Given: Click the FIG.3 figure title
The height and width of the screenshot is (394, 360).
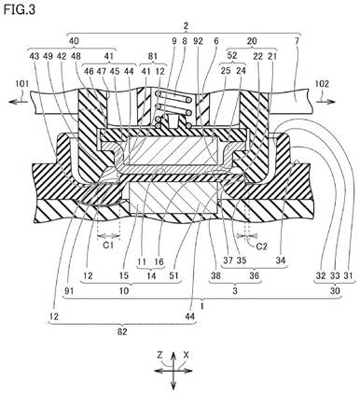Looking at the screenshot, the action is pyautogui.click(x=20, y=9).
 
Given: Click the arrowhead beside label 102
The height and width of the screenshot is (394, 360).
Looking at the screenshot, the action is pyautogui.click(x=333, y=102).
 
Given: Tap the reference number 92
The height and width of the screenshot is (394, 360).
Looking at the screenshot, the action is pyautogui.click(x=198, y=41).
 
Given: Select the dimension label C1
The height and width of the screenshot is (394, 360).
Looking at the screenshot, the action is pyautogui.click(x=108, y=246).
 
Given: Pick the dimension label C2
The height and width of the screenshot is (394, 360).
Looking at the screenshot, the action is pyautogui.click(x=262, y=246).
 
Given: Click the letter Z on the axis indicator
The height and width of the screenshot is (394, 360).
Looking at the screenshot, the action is pyautogui.click(x=160, y=355).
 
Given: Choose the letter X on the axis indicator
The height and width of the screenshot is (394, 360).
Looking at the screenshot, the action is pyautogui.click(x=187, y=355).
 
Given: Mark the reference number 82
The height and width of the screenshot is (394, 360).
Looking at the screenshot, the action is pyautogui.click(x=122, y=332).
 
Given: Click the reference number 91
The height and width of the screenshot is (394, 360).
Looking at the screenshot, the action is pyautogui.click(x=69, y=291).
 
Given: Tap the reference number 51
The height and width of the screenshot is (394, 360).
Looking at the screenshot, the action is pyautogui.click(x=174, y=275).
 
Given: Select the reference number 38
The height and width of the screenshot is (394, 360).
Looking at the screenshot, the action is pyautogui.click(x=215, y=275).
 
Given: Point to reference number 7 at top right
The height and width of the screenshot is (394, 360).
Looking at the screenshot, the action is pyautogui.click(x=297, y=41).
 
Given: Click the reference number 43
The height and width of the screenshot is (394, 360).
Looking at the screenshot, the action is pyautogui.click(x=35, y=56).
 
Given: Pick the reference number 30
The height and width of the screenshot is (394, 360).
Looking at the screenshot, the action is pyautogui.click(x=335, y=291).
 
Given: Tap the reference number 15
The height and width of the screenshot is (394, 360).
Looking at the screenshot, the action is pyautogui.click(x=124, y=275).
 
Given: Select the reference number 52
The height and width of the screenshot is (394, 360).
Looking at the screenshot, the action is pyautogui.click(x=232, y=55).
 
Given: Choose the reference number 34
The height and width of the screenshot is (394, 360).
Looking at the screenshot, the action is pyautogui.click(x=281, y=260).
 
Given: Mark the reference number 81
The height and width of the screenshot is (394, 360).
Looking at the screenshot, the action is pyautogui.click(x=152, y=56).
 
